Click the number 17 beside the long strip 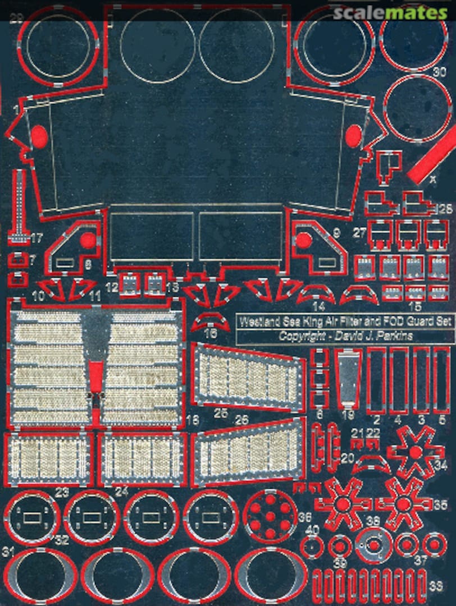(37, 238)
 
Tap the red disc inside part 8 (88, 240)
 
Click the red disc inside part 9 (303, 240)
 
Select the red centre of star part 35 (403, 504)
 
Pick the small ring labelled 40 (312, 546)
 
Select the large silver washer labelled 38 (373, 545)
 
